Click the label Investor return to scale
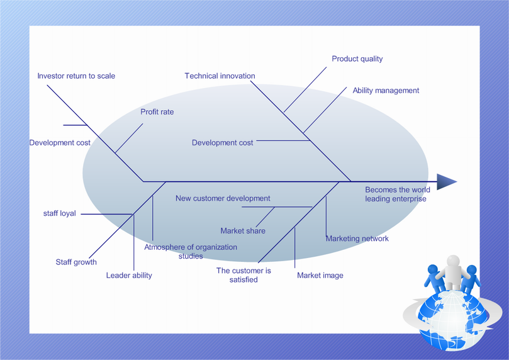pos(76,76)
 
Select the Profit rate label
pos(157,111)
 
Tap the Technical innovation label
pos(220,76)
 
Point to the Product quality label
pos(357,59)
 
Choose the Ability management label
pos(386,90)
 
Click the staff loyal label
pos(59,213)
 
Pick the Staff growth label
pos(76,262)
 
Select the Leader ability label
pos(129,275)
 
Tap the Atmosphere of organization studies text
pos(191,251)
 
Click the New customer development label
pos(223,198)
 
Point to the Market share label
pos(243,231)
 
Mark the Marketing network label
pos(357,239)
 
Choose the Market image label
pos(320,275)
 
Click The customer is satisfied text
pos(243,275)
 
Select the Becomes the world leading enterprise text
pos(397,194)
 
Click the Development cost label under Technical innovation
pos(222,143)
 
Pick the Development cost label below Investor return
pos(60,142)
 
